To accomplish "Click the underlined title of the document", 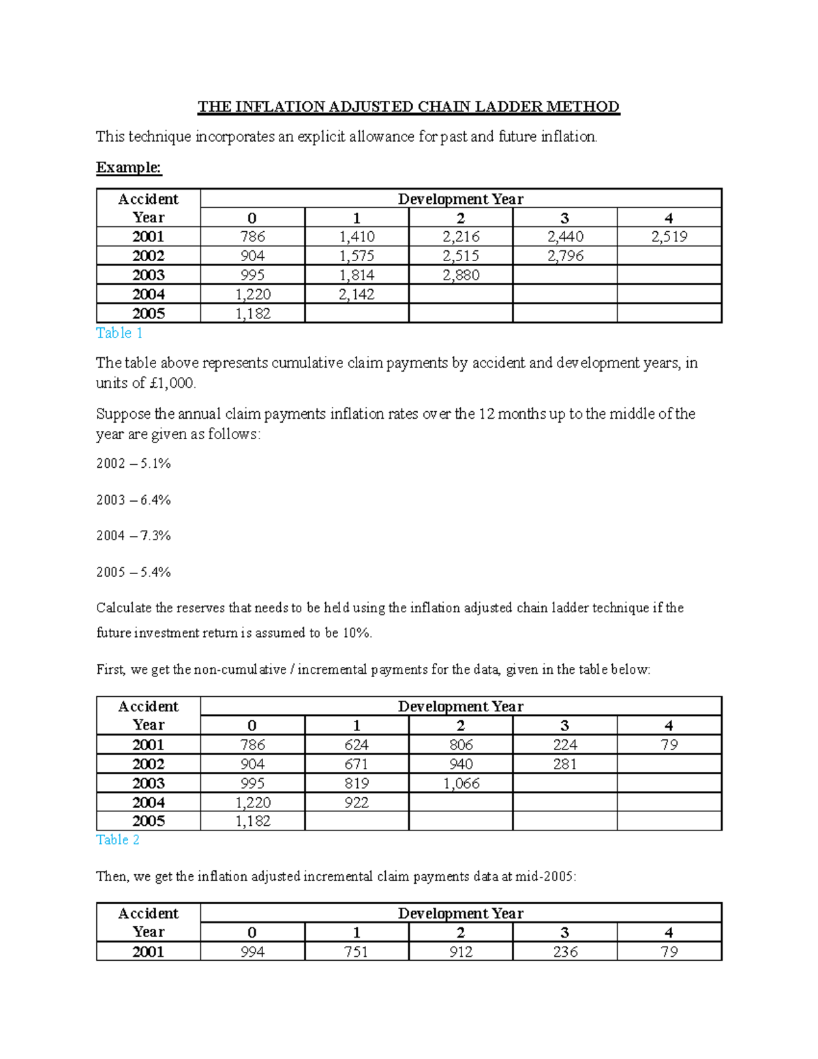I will coord(408,107).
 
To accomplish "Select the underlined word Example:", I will coord(129,168).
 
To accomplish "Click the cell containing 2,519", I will coord(669,237).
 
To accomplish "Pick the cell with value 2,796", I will coord(564,256).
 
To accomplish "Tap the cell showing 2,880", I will coord(460,275).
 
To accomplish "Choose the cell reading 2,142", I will coord(357,294).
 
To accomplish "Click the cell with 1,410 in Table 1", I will coord(357,237).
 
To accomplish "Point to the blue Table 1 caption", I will coord(119,333).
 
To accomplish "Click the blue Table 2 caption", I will coord(117,839).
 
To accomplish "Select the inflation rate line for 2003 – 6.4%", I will coord(134,500).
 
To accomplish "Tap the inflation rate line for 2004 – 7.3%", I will coord(134,536).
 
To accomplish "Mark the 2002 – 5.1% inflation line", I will coord(134,464).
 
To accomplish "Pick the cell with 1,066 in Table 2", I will coord(460,784).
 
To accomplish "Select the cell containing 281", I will coord(564,764).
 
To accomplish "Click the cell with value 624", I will coord(357,745).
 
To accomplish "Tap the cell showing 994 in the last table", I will coord(252,951).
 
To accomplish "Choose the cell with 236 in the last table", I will coord(564,951).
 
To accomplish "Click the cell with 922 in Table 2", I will coord(357,803).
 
